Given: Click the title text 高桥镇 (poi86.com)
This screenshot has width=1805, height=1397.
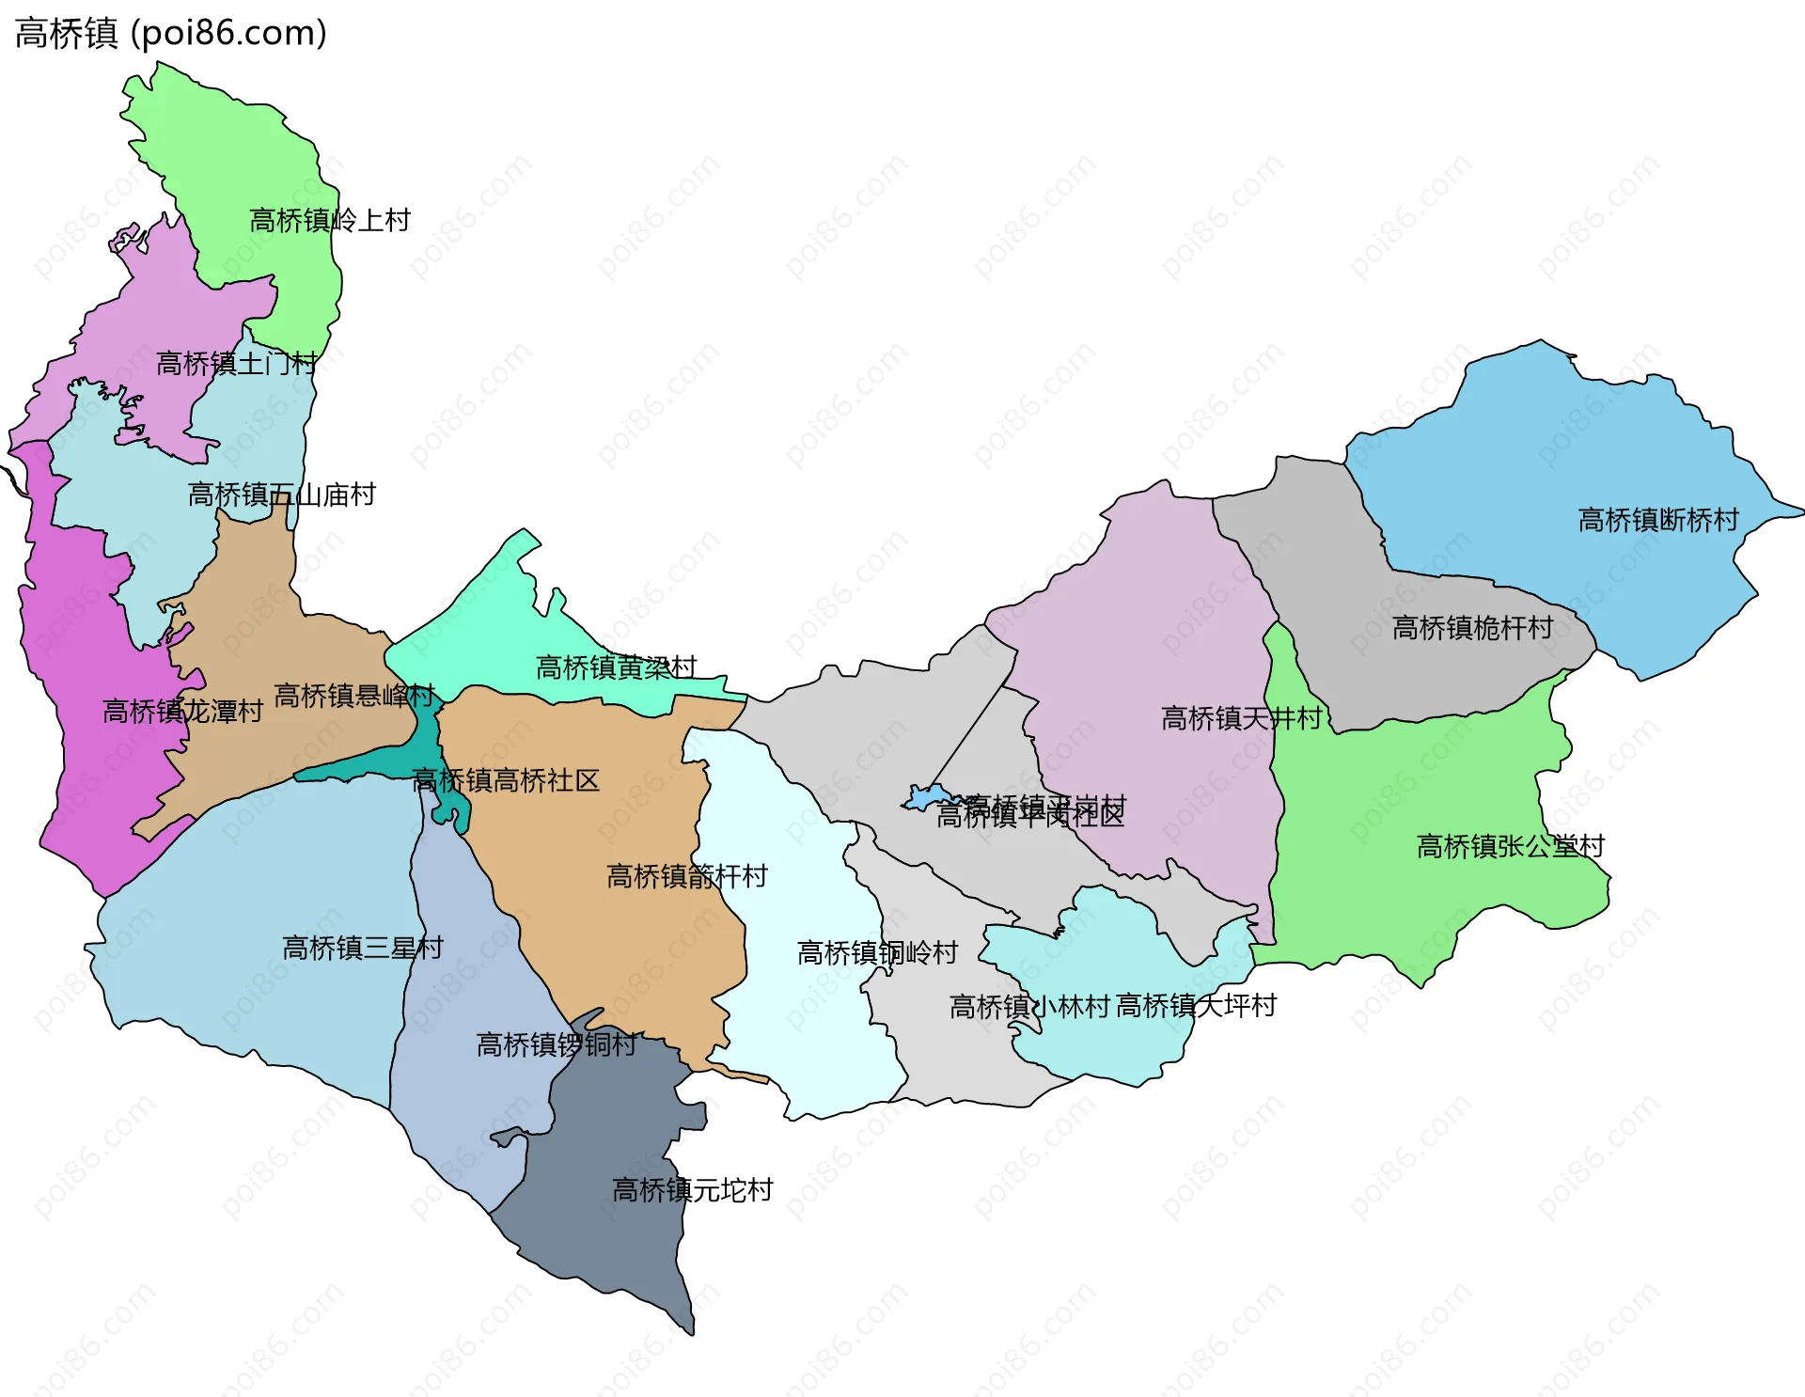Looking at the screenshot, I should (x=171, y=33).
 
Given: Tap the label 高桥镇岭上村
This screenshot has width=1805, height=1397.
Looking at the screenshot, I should (x=330, y=221).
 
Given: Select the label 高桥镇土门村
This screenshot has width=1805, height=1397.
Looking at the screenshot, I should (x=237, y=364).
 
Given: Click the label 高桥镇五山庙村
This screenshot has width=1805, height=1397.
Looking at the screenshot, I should (x=282, y=494).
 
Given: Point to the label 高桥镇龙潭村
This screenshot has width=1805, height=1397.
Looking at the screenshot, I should (x=182, y=712).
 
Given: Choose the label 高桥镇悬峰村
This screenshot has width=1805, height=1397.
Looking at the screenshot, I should (x=354, y=696).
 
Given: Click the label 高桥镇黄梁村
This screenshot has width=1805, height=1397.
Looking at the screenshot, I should (x=617, y=667).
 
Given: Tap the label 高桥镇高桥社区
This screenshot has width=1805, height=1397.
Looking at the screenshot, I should (x=506, y=780).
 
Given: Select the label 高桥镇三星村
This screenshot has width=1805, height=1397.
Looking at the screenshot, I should (x=363, y=948).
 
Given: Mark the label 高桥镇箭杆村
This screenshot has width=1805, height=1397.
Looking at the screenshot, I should (x=687, y=876).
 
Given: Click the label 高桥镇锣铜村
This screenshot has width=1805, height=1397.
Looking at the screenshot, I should (x=557, y=1044).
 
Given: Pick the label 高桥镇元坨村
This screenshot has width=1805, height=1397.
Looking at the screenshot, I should (x=693, y=1190).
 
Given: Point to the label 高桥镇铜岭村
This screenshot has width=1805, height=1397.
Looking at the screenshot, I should (x=878, y=953).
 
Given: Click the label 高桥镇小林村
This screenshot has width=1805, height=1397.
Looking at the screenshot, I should (x=1030, y=1007).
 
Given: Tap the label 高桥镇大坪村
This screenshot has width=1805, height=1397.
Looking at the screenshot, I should (x=1197, y=1006).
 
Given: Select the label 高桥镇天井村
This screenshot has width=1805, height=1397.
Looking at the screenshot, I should (x=1242, y=718).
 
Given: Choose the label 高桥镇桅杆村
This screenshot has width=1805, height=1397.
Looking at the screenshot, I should (x=1473, y=628).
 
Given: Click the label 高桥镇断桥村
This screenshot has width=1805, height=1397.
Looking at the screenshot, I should (x=1659, y=520).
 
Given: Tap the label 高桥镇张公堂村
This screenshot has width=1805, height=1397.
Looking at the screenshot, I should (x=1511, y=846).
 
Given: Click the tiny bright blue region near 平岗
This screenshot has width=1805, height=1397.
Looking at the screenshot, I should (x=927, y=798).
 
